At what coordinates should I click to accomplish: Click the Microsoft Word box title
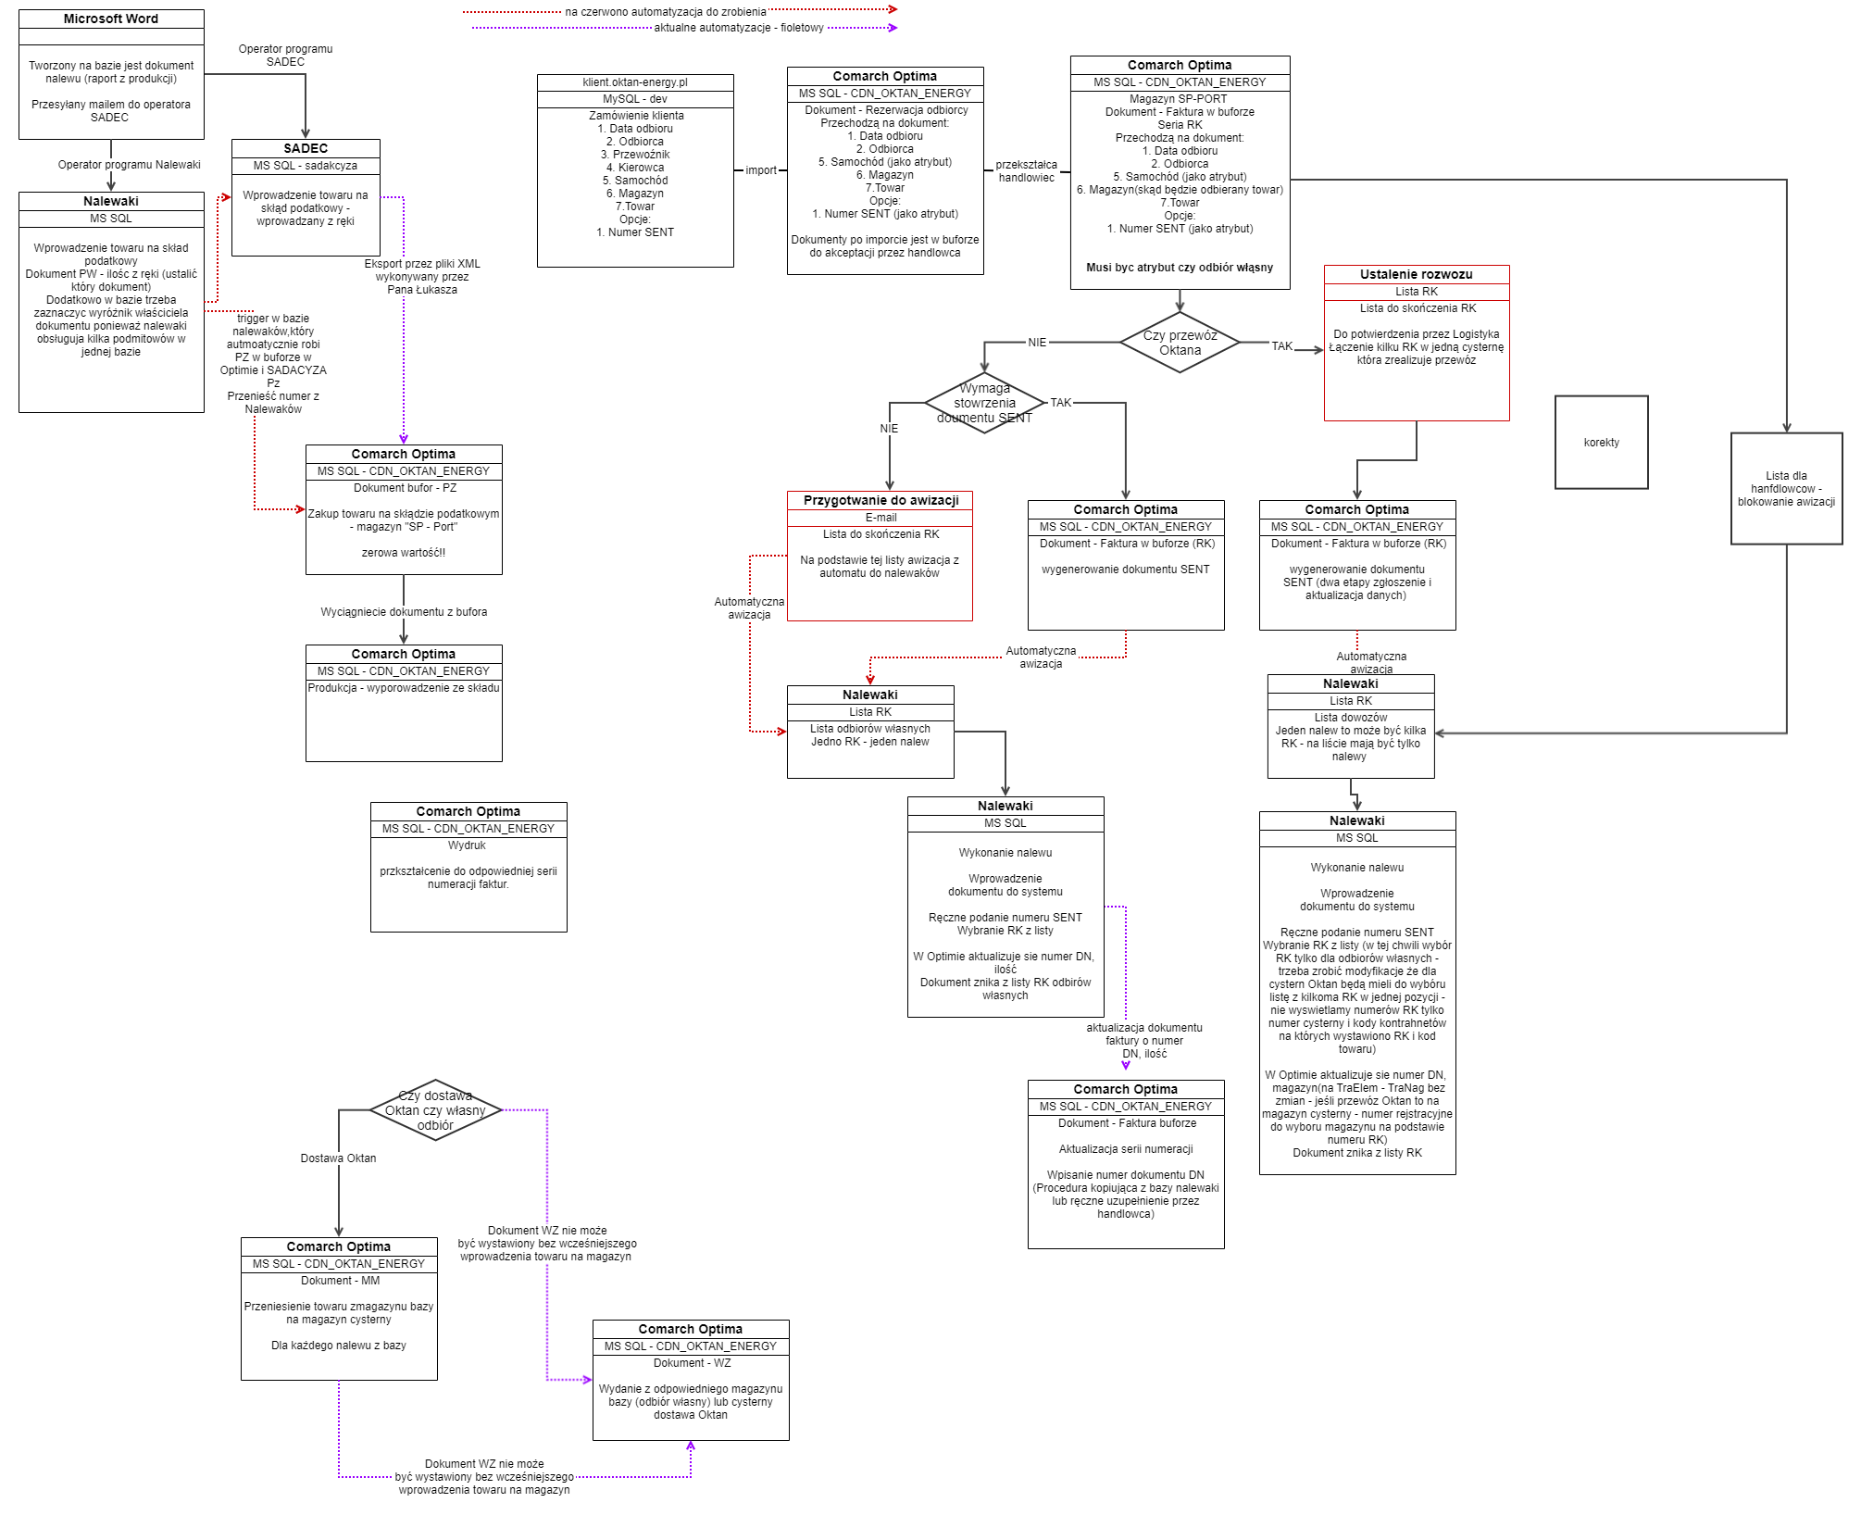coord(111,19)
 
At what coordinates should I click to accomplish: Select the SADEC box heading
coord(306,148)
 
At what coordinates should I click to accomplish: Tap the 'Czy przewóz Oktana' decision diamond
coord(1180,343)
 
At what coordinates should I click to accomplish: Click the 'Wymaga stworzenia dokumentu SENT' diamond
coord(984,403)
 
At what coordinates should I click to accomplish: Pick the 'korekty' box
coord(1601,443)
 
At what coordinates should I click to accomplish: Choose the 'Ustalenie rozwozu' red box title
coord(1416,274)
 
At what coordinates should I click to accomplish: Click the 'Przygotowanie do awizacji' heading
coord(881,500)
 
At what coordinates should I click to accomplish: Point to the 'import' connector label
coord(761,170)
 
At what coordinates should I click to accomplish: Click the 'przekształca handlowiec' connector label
coord(1026,171)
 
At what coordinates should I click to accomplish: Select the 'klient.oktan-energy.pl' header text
coord(635,82)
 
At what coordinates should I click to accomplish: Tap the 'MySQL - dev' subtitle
coord(635,99)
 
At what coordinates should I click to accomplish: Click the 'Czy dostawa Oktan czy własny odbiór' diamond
coord(435,1110)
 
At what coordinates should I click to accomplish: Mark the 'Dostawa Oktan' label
coord(338,1158)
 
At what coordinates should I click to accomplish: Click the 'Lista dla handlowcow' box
coord(1786,489)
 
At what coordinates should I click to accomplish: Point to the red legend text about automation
coord(666,12)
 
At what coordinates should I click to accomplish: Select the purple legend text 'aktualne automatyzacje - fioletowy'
coord(739,28)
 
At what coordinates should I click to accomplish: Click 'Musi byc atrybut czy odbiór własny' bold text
coord(1180,268)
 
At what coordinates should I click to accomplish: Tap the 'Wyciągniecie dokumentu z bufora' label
coord(404,612)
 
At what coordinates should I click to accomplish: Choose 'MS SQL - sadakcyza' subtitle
coord(306,166)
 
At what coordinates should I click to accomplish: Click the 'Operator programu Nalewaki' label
coord(130,165)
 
